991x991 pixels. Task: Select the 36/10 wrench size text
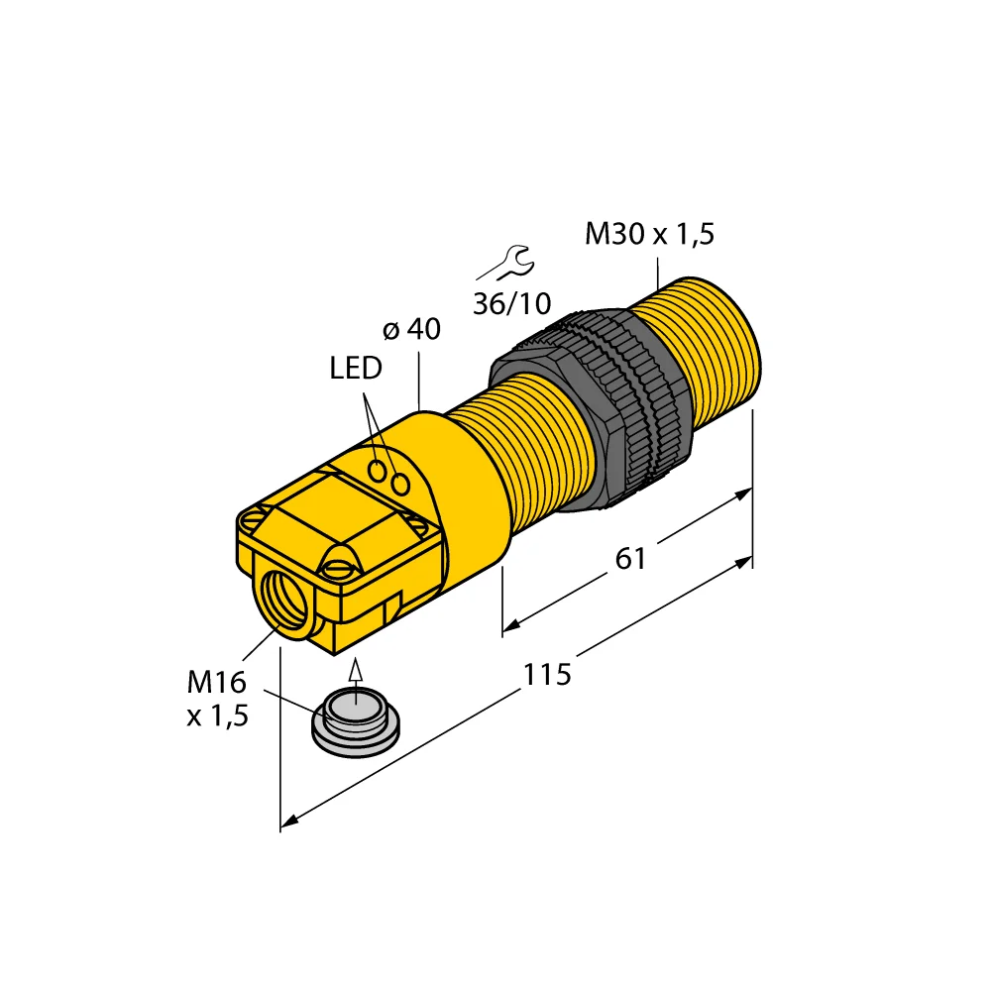511,303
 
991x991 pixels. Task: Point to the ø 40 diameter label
412,330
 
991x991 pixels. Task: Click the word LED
355,370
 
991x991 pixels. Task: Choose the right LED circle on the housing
400,484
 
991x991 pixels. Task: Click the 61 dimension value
630,559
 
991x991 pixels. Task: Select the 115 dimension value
546,675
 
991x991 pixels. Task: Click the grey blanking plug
355,722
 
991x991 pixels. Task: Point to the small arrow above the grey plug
356,676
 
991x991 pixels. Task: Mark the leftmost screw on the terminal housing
255,518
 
